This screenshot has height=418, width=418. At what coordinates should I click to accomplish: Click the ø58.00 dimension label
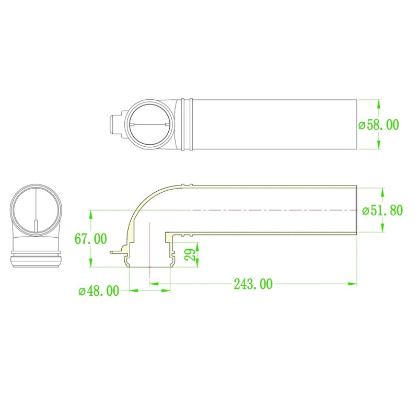pos(379,125)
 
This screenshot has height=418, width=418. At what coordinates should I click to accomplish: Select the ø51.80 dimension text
pos(382,211)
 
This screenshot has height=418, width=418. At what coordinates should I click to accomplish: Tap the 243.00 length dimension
pos(253,284)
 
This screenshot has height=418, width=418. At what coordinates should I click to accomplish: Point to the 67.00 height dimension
pos(90,239)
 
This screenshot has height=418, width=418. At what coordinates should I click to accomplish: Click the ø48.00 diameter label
pos(99,291)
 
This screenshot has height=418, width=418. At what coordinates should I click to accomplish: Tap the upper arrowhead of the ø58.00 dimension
pos(378,104)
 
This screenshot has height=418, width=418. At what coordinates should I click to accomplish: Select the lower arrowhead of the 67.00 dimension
pos(91,262)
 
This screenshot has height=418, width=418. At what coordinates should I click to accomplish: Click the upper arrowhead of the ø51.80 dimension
pos(383,192)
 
